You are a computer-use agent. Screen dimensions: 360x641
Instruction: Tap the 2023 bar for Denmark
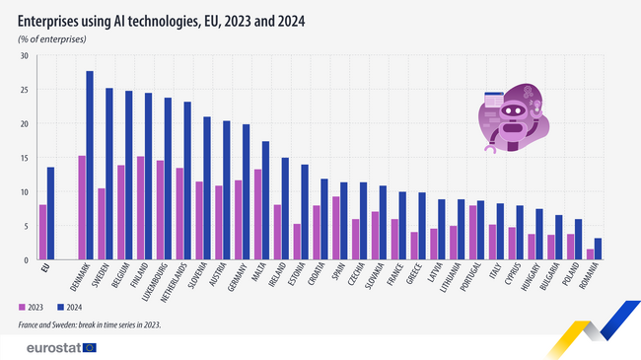click(x=82, y=207)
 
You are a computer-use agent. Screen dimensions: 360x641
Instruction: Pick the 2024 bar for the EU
click(x=51, y=213)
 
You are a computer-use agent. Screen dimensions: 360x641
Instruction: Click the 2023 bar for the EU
click(x=43, y=232)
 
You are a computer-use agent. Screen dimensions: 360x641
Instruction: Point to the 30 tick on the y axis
click(x=25, y=55)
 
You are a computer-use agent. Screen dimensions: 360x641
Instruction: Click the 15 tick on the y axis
click(x=25, y=158)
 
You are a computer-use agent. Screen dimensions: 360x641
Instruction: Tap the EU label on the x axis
click(x=44, y=267)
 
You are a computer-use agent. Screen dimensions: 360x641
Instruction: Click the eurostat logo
click(x=59, y=346)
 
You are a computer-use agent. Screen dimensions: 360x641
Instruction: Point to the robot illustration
click(x=512, y=120)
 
